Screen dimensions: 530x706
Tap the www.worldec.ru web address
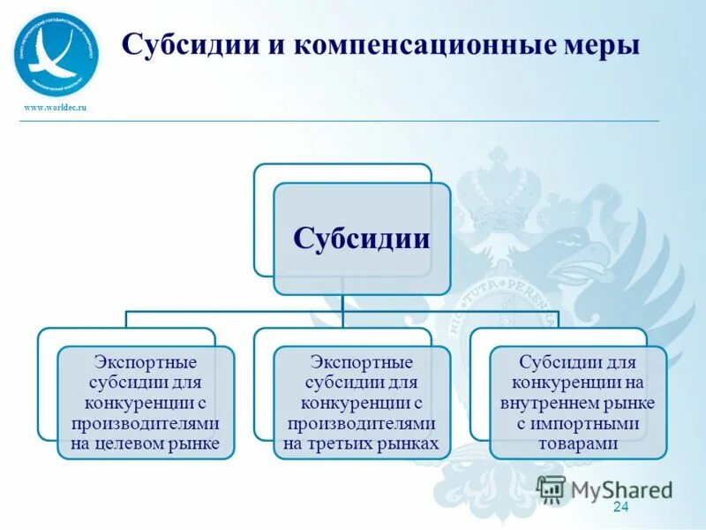point(56,107)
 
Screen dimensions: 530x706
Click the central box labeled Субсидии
point(361,238)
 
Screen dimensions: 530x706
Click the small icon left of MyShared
point(552,489)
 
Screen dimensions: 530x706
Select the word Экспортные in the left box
point(145,362)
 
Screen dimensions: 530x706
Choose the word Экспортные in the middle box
point(361,362)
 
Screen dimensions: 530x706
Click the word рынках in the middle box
point(412,443)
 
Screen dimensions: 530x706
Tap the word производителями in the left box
point(145,423)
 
